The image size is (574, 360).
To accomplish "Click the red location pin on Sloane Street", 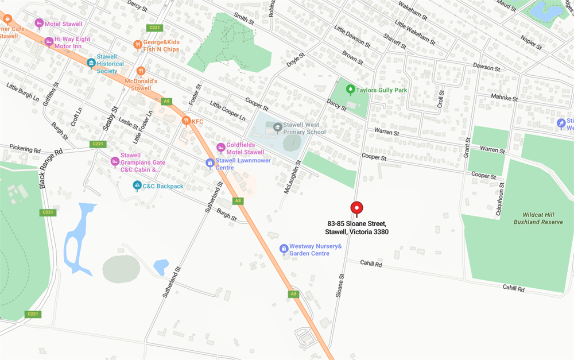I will (x=357, y=208).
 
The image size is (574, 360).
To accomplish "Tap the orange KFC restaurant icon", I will (x=186, y=121).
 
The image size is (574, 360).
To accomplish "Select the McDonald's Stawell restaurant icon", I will (x=141, y=71).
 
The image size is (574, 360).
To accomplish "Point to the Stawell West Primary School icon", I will (x=278, y=126).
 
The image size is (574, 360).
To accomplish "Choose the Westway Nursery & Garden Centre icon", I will (x=283, y=249).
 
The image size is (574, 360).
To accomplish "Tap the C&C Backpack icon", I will (x=137, y=185).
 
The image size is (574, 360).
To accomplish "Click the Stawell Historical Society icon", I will (x=91, y=63).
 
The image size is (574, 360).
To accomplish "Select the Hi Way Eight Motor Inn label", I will (x=72, y=42).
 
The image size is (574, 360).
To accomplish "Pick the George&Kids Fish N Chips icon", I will (x=137, y=44).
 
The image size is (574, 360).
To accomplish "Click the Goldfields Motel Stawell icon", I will (x=220, y=148).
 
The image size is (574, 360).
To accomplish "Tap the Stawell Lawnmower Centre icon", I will (x=210, y=163).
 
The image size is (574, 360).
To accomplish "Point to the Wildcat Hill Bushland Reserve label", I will (x=538, y=218).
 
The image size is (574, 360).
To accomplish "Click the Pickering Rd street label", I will (x=25, y=149).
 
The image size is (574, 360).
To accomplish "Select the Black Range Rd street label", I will (x=51, y=169).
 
